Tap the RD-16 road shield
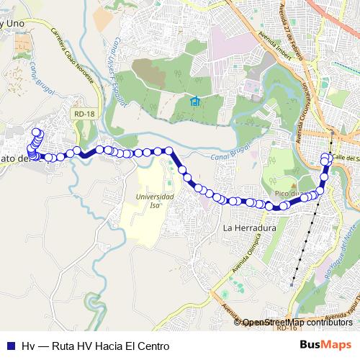click(286, 328)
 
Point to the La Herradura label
click(250, 228)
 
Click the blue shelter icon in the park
click(194, 102)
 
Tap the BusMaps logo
click(326, 345)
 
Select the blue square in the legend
click(10, 346)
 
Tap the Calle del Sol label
click(346, 157)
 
